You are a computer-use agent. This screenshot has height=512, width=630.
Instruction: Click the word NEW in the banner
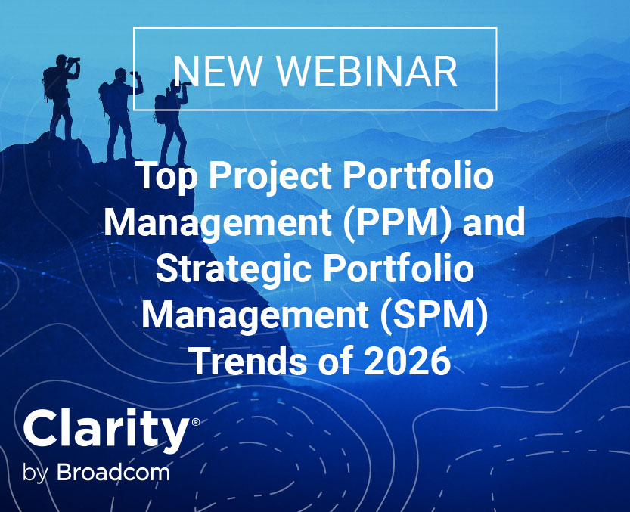(219, 71)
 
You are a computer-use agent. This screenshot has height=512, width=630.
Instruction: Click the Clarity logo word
(105, 430)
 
